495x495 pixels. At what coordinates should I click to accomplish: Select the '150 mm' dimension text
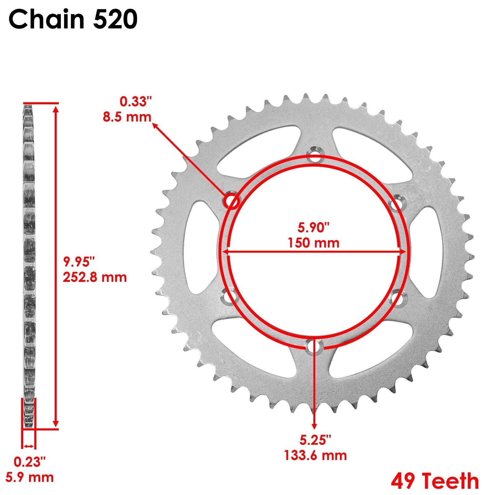pos(314,243)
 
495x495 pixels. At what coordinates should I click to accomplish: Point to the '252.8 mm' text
pos(95,277)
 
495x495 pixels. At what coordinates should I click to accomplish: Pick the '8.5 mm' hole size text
pos(127,117)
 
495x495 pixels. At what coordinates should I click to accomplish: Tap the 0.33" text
pos(136,102)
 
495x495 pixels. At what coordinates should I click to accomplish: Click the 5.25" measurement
pos(315,440)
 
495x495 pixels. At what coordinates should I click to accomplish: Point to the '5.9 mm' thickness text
pos(30,477)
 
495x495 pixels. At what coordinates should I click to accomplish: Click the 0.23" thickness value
pos(30,462)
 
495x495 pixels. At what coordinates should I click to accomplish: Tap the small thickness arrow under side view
pos(29,446)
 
